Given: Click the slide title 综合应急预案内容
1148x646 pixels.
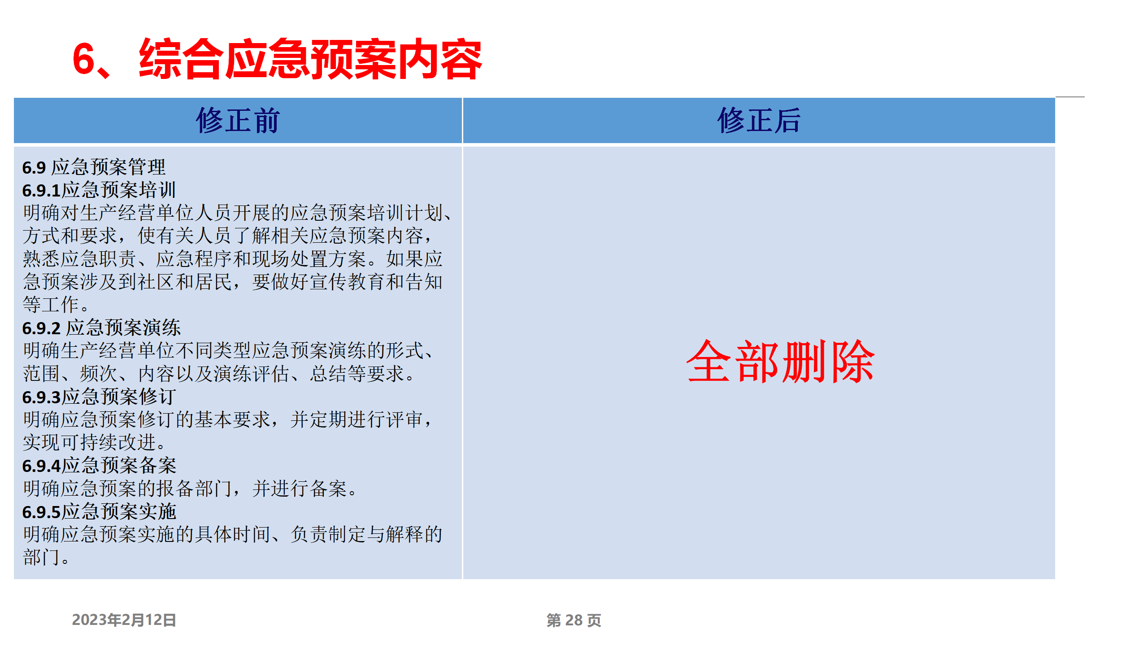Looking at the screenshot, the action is click(310, 59).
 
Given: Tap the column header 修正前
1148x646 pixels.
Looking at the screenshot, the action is click(238, 120).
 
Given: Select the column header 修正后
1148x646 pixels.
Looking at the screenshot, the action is click(759, 120).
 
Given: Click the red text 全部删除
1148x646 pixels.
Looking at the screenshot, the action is click(780, 361).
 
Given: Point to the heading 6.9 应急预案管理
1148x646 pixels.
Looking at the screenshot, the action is click(94, 167).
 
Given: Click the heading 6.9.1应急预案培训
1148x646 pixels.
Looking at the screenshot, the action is click(99, 190).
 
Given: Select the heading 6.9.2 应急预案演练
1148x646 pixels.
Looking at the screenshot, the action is click(101, 327).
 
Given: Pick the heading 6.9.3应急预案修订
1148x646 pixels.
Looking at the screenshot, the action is click(99, 397).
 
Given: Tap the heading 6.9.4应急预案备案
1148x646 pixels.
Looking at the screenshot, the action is click(99, 465).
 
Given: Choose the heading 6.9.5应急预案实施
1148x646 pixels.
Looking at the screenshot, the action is click(99, 511).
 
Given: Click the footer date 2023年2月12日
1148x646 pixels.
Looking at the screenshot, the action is click(124, 620).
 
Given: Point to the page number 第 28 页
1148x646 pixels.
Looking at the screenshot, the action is click(574, 620).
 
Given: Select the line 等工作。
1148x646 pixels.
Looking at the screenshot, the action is click(56, 305).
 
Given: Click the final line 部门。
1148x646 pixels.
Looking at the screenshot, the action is click(46, 557).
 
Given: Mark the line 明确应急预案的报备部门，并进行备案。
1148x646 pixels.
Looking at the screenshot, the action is click(190, 489).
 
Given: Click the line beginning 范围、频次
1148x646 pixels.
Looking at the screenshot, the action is click(219, 374).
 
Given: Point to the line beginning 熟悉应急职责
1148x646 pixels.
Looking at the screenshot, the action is click(233, 259).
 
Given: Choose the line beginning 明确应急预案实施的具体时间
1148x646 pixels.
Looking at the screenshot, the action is click(233, 534).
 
